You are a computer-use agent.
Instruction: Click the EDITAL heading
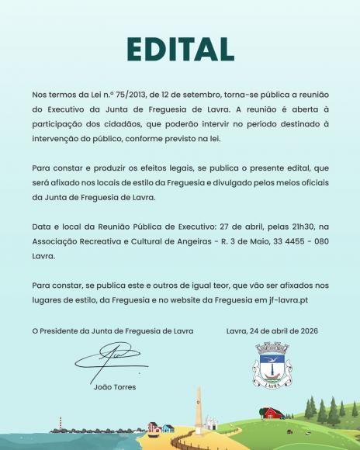(x=179, y=48)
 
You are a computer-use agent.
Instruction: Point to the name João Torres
(x=113, y=386)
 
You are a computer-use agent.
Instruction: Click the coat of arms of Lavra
(x=273, y=365)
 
